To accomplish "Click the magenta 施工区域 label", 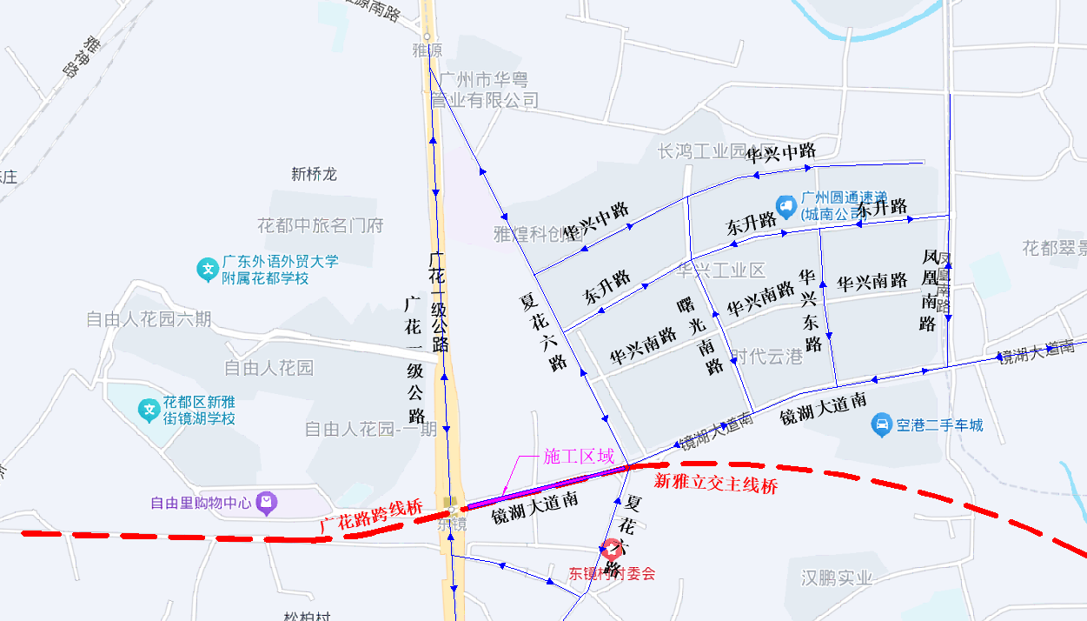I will click(578, 457).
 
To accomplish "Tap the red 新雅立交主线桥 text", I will click(715, 484).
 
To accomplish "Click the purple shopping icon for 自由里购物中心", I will click(267, 502).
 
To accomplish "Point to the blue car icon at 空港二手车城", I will click(881, 425).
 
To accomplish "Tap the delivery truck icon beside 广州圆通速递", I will click(785, 206).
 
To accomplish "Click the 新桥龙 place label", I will click(314, 174).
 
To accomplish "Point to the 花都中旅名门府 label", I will click(320, 226).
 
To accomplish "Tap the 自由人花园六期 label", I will click(149, 319).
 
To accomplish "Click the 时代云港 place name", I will click(766, 357).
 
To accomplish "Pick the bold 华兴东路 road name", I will click(810, 310).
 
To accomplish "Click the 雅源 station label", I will click(427, 50).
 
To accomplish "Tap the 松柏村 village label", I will click(307, 616).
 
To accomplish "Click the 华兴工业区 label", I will click(721, 270).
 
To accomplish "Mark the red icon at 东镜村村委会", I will click(612, 549).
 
